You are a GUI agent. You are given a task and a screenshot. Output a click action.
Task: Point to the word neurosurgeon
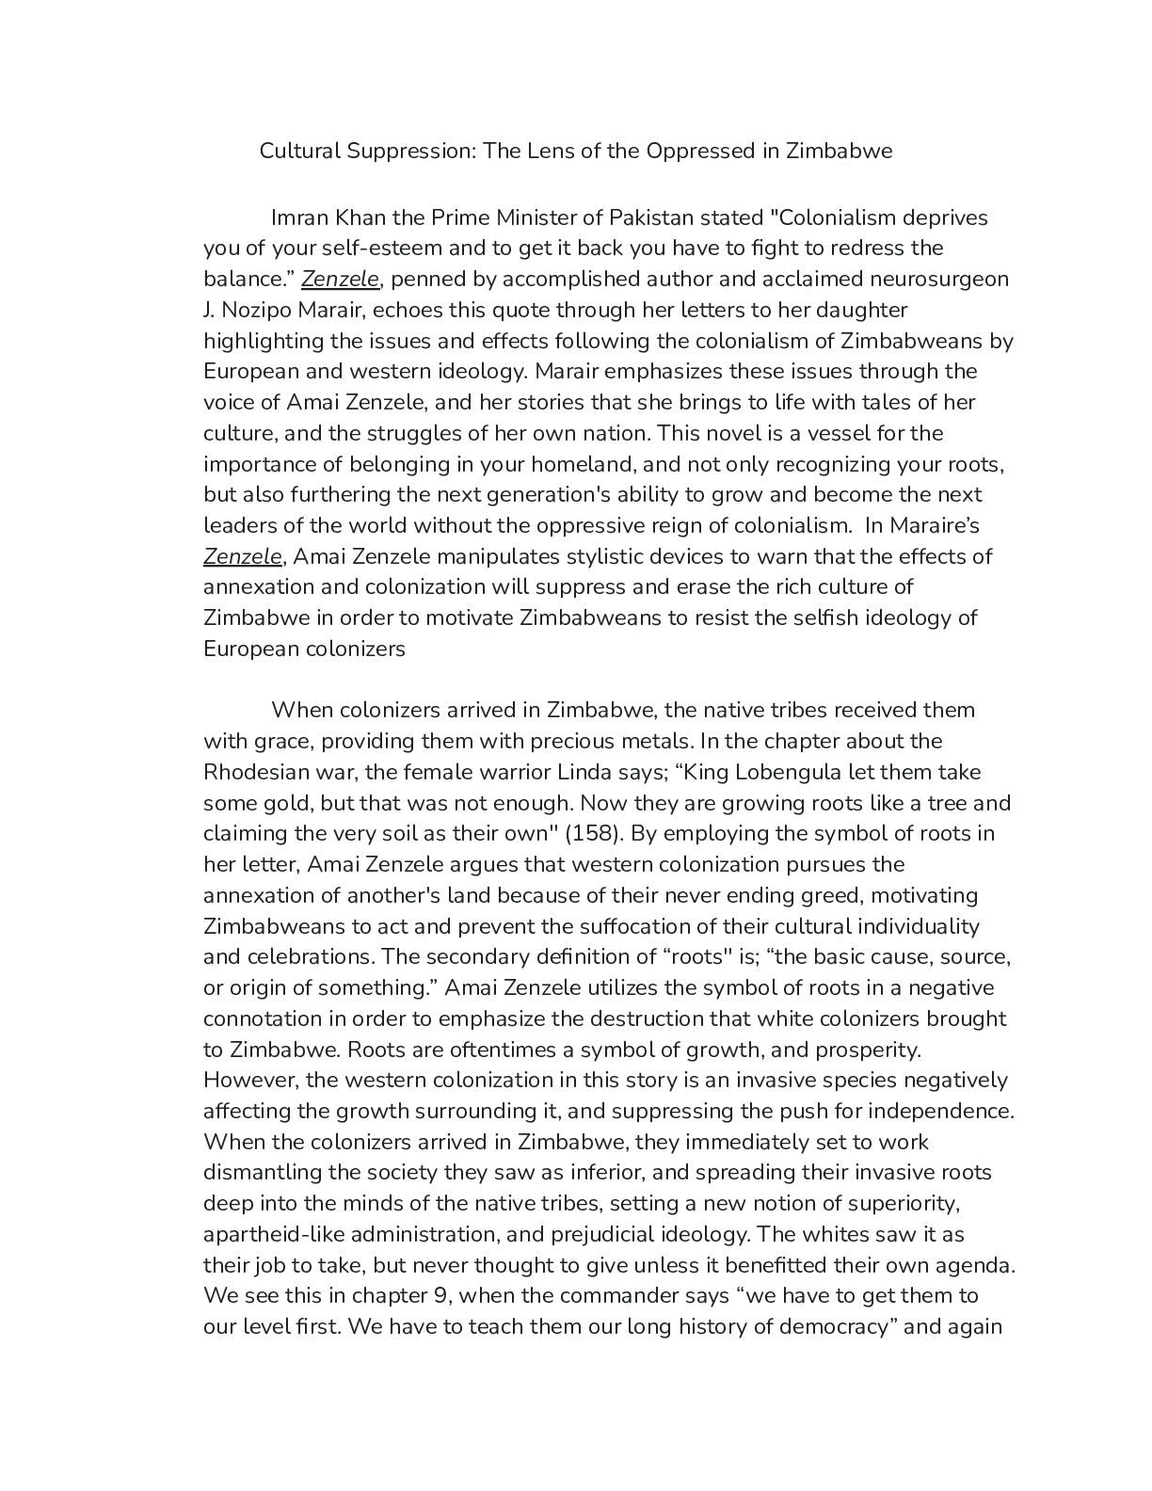939,279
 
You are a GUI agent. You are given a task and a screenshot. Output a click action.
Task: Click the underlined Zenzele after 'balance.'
340,279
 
